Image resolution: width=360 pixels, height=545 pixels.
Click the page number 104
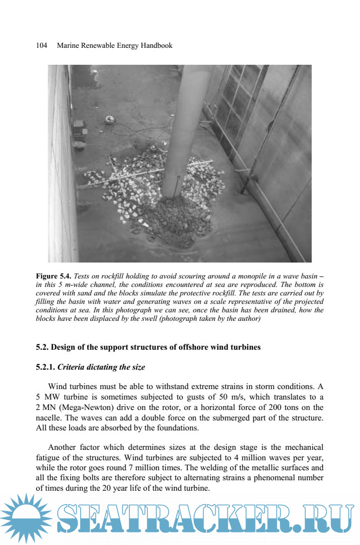pos(41,45)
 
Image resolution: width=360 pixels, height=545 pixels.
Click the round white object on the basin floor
pos(110,120)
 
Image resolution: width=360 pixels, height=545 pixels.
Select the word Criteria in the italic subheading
pos(73,367)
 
